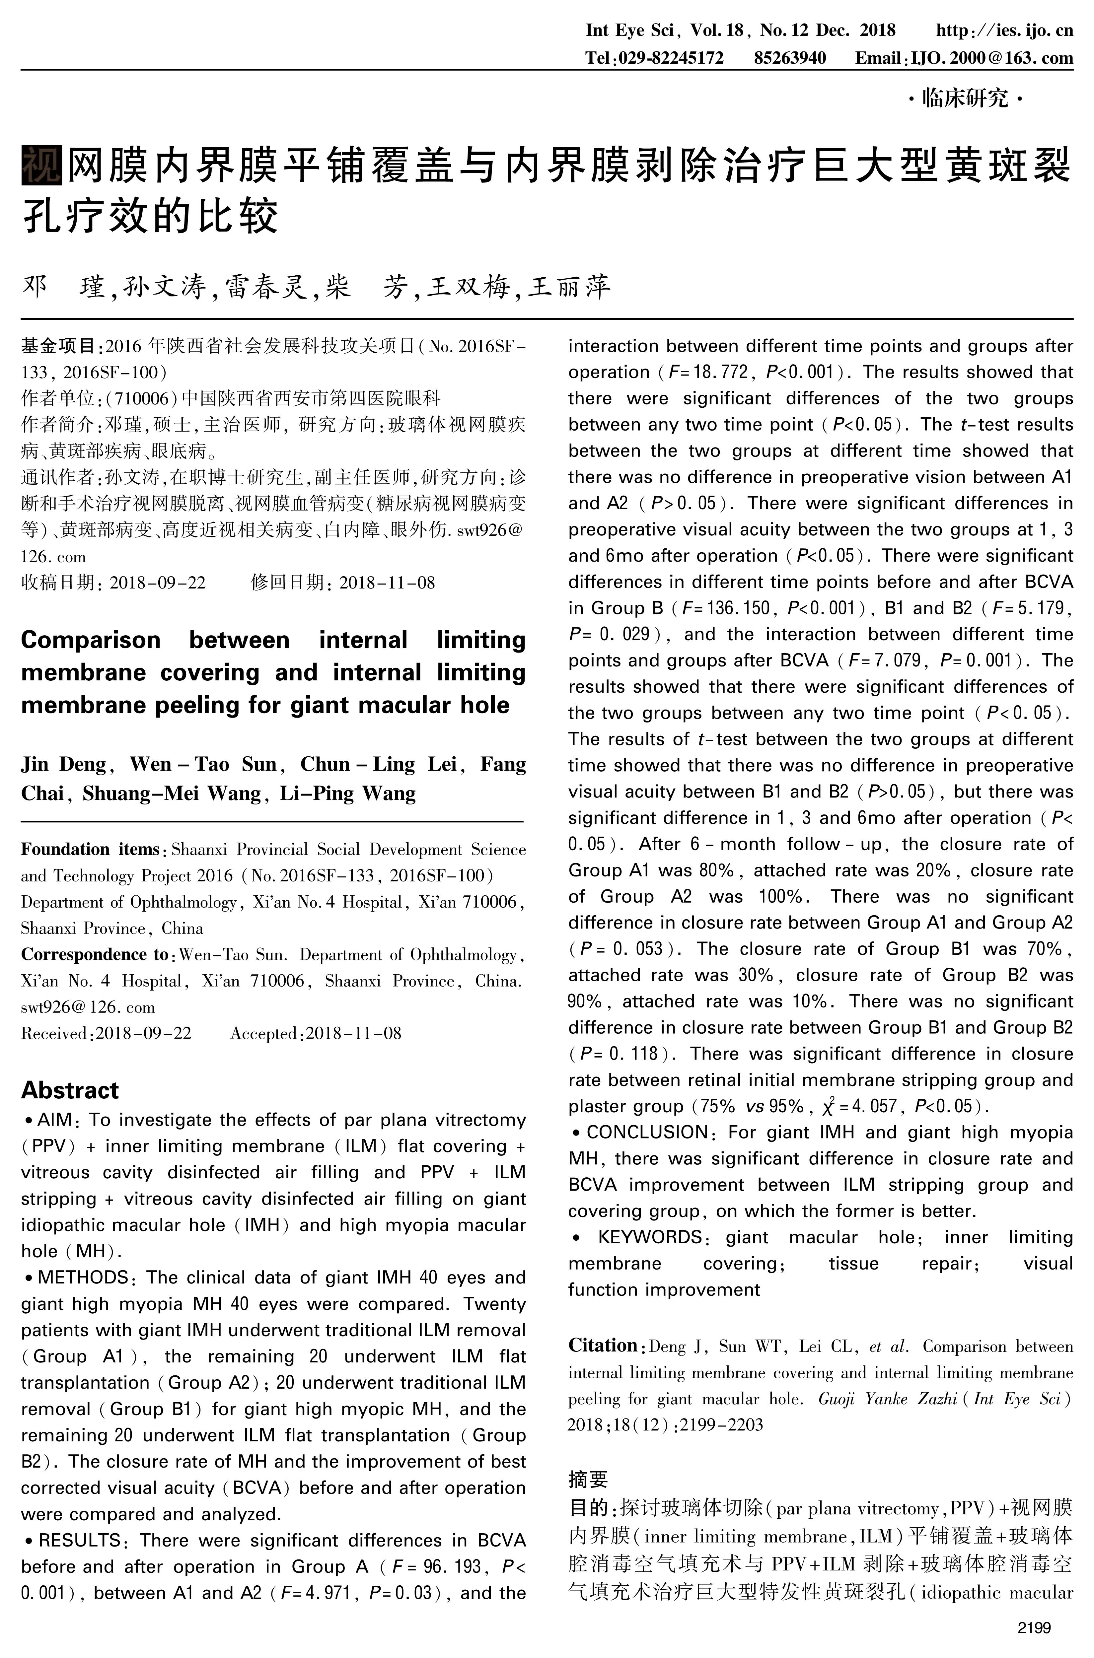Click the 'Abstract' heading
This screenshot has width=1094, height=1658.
pos(70,1089)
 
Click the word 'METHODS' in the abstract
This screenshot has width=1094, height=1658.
pos(82,1277)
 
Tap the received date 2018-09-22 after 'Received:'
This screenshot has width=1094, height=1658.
pos(143,1033)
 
